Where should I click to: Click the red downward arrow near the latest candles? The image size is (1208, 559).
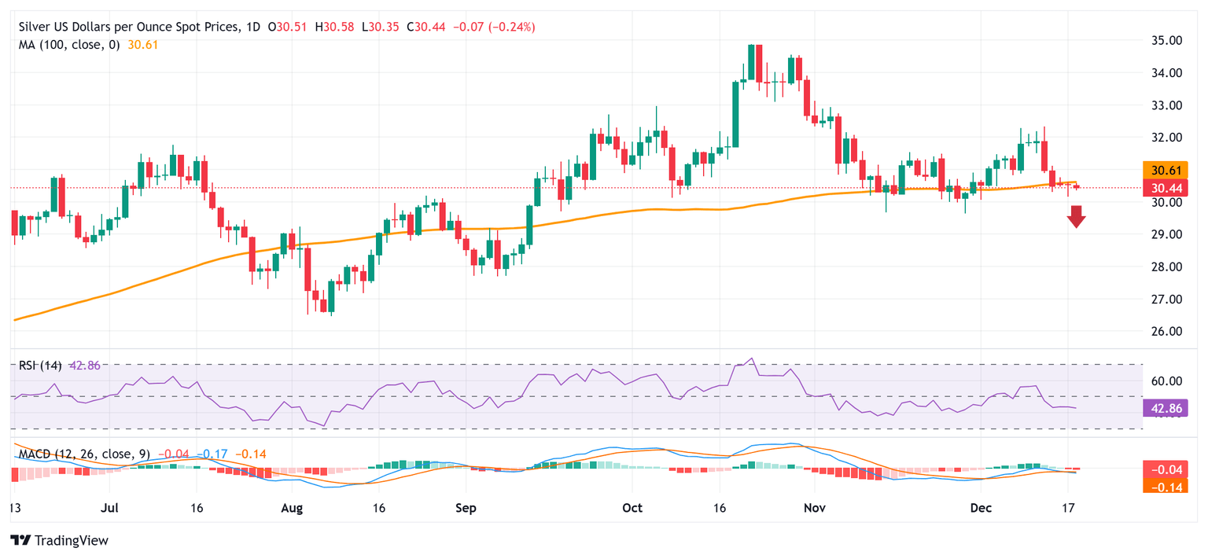point(1077,216)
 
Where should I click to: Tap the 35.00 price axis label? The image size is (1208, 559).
point(1162,40)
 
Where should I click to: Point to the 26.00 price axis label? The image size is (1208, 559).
point(1162,332)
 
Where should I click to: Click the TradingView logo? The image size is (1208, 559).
point(60,541)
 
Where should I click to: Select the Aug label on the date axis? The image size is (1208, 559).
point(292,508)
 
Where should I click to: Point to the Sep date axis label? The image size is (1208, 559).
point(466,508)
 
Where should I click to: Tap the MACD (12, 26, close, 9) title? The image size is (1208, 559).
point(86,454)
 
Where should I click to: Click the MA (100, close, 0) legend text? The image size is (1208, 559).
point(69,45)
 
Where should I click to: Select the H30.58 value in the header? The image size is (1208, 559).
point(333,27)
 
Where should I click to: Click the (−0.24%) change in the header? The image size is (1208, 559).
point(512,27)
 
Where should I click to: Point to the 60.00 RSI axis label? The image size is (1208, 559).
point(1162,381)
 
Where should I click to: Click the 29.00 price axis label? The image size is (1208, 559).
point(1162,234)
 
